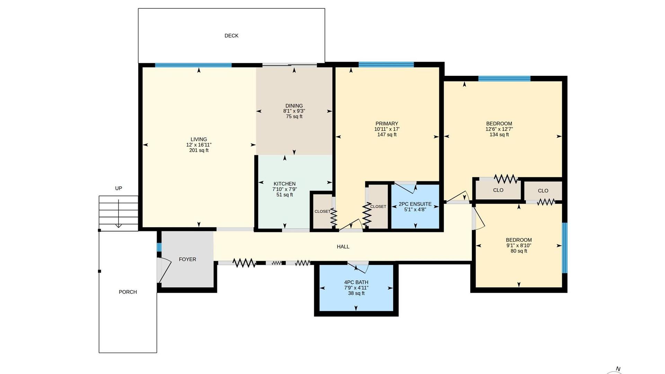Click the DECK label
[x=231, y=36]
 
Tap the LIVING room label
[x=199, y=139]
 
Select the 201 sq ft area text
[x=199, y=150]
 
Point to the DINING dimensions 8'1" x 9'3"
[x=294, y=111]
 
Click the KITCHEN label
[x=285, y=184]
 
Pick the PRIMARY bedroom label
[x=387, y=124]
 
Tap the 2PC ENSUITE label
[x=415, y=204]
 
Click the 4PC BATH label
[x=356, y=282]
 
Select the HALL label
[x=343, y=247]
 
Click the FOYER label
[x=187, y=259]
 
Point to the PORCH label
[x=128, y=292]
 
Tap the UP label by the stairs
[x=118, y=188]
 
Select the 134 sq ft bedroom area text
[x=499, y=135]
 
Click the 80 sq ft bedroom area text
[x=519, y=251]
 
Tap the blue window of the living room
[x=193, y=65]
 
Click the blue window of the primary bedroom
[x=386, y=64]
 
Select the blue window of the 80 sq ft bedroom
[x=565, y=248]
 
